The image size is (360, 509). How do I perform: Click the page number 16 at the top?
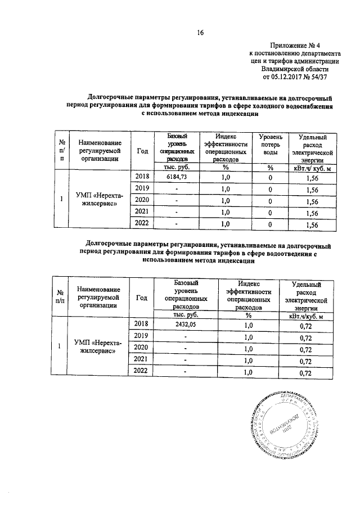click(x=199, y=33)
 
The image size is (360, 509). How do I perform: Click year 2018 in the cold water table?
click(x=142, y=177)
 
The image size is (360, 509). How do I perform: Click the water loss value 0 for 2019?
click(x=270, y=189)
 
